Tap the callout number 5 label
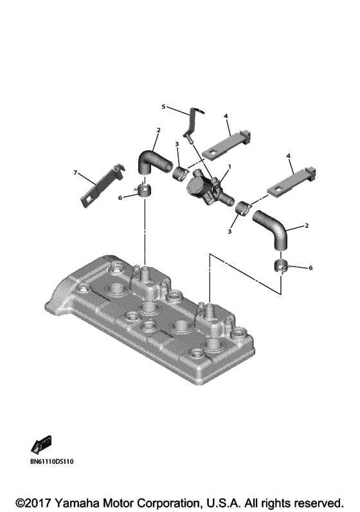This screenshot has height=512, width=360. click(x=163, y=106)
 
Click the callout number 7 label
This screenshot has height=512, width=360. click(x=75, y=173)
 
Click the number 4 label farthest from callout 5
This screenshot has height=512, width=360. click(x=289, y=155)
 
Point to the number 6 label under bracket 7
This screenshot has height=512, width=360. click(x=120, y=199)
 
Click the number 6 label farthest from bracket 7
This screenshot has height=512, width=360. click(x=310, y=267)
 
